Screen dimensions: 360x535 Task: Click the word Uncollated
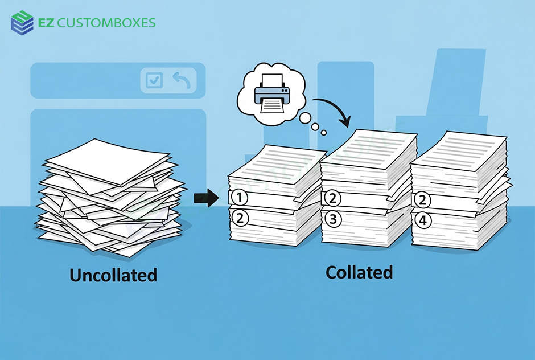coord(113,276)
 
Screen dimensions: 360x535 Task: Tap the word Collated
coord(359,272)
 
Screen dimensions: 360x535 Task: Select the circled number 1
coord(240,198)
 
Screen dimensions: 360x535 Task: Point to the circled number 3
coord(332,219)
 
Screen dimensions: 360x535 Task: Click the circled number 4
coord(423,220)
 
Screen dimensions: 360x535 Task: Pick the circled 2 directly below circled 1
coord(240,218)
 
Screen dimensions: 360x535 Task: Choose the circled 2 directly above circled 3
coord(332,198)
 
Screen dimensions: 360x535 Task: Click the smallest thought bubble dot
coord(323,133)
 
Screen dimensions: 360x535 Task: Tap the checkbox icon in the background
coord(154,80)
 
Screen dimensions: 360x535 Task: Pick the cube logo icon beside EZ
coord(22,23)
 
